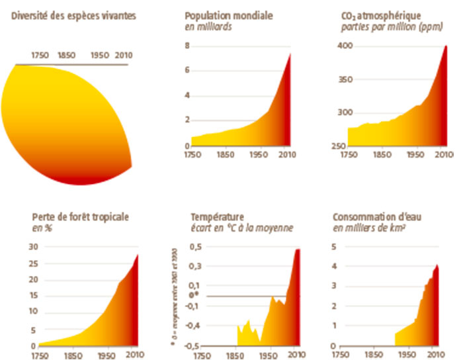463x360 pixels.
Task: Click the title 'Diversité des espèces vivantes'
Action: coord(74,15)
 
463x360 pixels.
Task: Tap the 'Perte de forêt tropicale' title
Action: coord(80,216)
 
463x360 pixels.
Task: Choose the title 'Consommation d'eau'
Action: coord(372,216)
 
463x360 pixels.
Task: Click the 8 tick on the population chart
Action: coord(187,46)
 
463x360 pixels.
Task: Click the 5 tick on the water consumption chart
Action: coord(334,246)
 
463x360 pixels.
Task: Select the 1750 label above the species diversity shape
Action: coord(40,56)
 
